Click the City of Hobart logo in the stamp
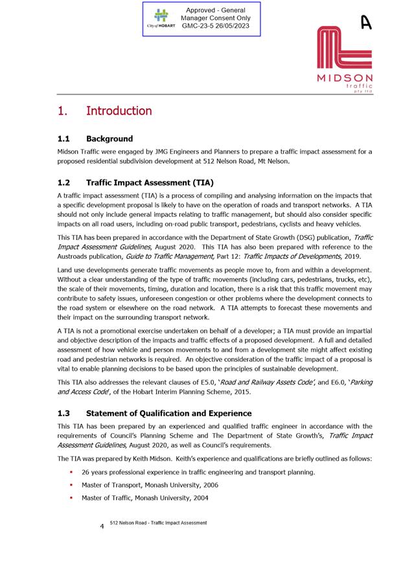coord(160,18)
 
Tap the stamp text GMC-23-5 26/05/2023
coord(216,27)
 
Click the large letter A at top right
coord(367,23)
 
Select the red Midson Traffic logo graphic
coord(344,49)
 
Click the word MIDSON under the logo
coord(345,78)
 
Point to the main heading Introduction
coord(119,111)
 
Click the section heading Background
coord(109,139)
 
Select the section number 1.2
coord(64,183)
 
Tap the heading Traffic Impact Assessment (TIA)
coord(150,183)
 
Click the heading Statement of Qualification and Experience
coord(168,413)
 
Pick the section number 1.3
coord(64,413)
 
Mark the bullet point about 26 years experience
coord(198,472)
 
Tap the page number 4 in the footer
coord(102,526)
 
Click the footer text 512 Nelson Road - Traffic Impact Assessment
coord(158,522)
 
